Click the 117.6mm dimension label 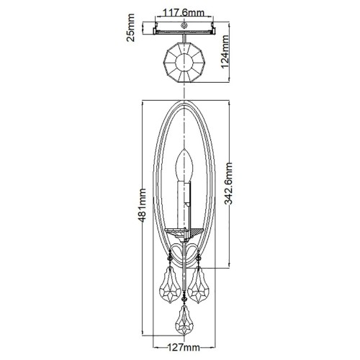click(184, 12)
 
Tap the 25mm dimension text click(130, 28)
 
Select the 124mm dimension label click(225, 51)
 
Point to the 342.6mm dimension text click(228, 184)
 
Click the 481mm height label click(142, 205)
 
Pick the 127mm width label click(184, 347)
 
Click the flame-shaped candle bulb click(184, 165)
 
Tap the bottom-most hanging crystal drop click(184, 320)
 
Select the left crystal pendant click(170, 284)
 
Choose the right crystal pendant click(198, 284)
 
